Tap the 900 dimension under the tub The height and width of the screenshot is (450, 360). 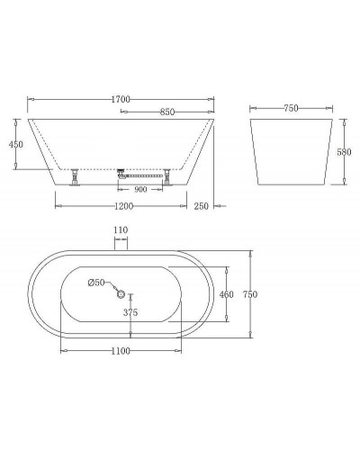click(141, 190)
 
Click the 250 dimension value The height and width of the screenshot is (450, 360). click(201, 206)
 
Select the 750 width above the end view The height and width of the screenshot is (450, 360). click(290, 108)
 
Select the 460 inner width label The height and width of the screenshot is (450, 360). click(226, 294)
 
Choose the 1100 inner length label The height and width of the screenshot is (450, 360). click(121, 350)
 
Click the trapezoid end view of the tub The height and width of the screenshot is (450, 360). click(290, 151)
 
